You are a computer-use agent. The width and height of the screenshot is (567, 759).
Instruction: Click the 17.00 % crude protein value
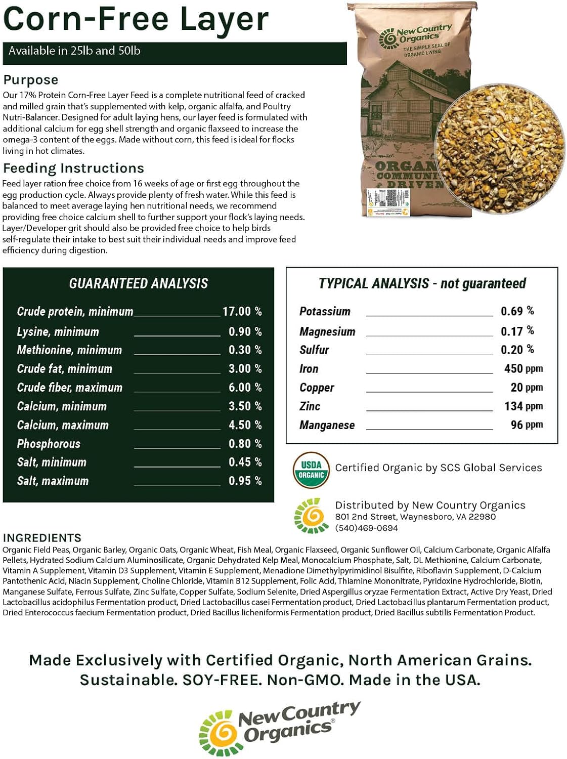point(242,311)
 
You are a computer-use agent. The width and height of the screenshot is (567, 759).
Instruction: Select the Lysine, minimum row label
point(58,332)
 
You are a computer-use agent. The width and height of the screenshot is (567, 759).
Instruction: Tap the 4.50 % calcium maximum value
point(245,425)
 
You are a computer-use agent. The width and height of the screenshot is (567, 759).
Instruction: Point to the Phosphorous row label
point(49,444)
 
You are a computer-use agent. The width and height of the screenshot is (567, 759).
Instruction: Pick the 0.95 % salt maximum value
point(245,481)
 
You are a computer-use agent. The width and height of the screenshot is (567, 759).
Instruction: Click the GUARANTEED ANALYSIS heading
point(138,283)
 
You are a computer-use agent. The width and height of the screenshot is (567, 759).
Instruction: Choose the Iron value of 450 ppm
point(523,369)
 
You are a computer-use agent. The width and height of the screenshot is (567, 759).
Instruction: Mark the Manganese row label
point(327,425)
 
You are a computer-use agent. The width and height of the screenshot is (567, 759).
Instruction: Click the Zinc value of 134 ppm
point(523,406)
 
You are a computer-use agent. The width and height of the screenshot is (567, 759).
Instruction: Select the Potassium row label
point(325,311)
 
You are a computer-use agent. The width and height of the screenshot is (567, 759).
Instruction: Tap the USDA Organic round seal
point(311,470)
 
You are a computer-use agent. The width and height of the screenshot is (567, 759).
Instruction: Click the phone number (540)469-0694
point(366,528)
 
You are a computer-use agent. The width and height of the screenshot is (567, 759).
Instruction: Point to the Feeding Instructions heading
point(73,168)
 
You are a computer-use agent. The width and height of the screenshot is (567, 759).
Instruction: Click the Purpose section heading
point(30,80)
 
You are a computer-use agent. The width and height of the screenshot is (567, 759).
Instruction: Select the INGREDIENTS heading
point(42,537)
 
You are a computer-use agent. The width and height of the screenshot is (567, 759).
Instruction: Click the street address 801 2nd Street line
point(415,517)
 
